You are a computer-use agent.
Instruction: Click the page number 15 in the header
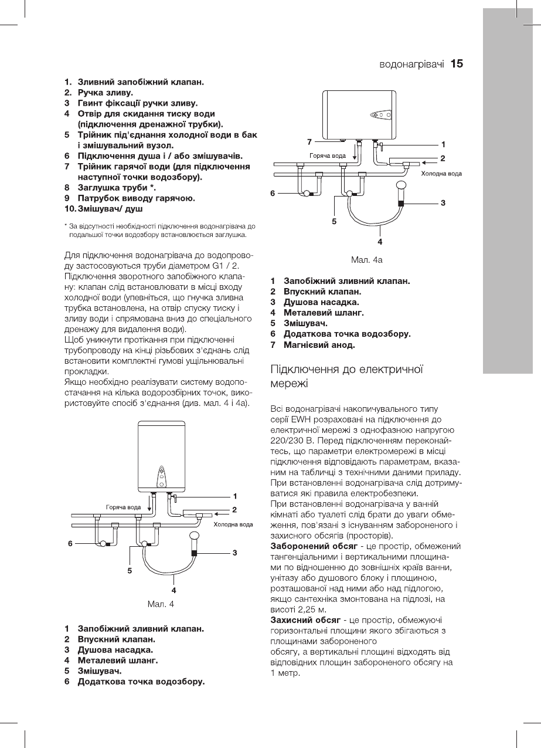point(457,63)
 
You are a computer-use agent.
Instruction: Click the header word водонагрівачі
point(411,63)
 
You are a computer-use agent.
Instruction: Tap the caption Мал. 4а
point(366,259)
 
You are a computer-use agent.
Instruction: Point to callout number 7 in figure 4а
point(309,141)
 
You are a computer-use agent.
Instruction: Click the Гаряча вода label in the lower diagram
point(123,506)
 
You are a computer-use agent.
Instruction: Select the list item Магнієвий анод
point(319,344)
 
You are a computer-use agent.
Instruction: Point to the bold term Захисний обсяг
point(305,620)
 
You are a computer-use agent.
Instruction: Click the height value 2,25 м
point(303,609)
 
